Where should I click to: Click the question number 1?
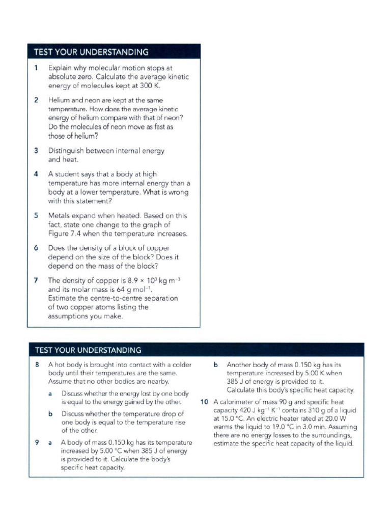[36, 67]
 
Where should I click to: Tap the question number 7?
[36, 280]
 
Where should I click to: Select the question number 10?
[205, 402]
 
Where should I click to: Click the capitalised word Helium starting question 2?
[60, 100]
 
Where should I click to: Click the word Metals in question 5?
[59, 215]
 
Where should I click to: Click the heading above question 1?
[91, 52]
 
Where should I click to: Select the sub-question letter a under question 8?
[50, 394]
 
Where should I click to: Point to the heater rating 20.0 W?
[346, 419]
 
